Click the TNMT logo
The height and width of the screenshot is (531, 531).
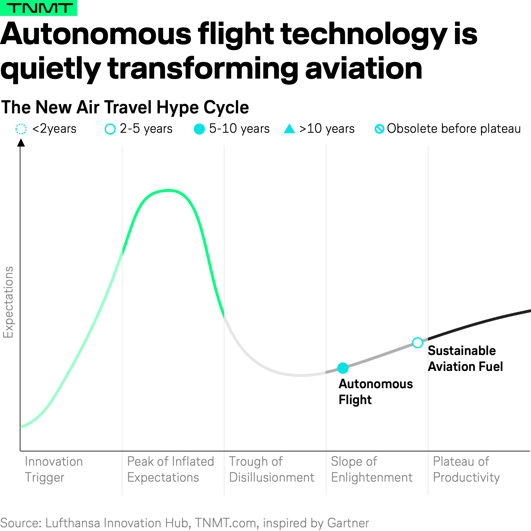38,8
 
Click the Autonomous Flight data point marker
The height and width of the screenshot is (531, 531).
343,368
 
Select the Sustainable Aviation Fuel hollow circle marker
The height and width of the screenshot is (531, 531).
417,343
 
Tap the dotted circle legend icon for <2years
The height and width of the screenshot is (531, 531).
21,129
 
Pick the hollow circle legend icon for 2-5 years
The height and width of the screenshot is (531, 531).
110,129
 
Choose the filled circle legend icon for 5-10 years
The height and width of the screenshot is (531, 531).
199,129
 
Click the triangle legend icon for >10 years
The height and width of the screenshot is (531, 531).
289,129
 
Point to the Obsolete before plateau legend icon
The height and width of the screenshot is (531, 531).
379,129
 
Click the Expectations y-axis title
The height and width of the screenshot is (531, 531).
8,302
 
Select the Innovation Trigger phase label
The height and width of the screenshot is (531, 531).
54,469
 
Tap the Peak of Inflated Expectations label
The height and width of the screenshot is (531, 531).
170,469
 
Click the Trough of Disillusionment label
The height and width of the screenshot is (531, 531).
272,469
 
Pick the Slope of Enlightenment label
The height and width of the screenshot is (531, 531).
372,469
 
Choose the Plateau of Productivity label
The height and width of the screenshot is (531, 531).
466,469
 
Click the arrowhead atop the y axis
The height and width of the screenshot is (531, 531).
21,142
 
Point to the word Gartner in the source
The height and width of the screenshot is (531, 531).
348,523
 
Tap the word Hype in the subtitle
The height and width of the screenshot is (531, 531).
178,108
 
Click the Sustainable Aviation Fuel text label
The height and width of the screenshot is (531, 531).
465,358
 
